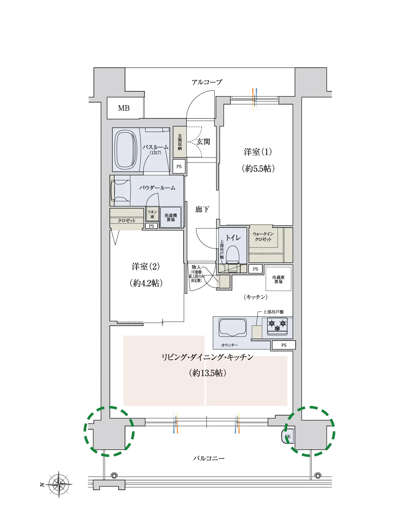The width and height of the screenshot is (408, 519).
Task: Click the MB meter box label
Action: click(x=124, y=108)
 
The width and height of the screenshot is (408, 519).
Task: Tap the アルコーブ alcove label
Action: click(x=207, y=82)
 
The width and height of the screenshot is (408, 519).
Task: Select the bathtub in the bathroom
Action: click(x=126, y=150)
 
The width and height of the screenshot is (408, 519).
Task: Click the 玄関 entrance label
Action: click(x=203, y=142)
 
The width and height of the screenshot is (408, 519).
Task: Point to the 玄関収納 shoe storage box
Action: click(x=180, y=142)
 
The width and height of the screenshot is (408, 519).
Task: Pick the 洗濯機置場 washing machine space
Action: click(x=170, y=217)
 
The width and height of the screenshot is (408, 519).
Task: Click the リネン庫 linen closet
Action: click(x=153, y=214)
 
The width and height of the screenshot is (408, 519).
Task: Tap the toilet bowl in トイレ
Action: click(x=233, y=254)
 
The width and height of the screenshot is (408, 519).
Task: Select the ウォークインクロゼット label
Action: click(x=263, y=237)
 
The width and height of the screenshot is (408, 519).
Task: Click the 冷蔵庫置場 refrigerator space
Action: click(x=278, y=279)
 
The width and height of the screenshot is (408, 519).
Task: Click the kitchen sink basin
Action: click(x=233, y=328)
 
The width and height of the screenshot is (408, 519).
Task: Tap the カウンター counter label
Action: click(x=229, y=345)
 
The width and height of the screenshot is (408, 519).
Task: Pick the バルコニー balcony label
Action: click(x=209, y=458)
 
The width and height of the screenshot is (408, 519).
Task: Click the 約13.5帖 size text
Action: click(x=207, y=373)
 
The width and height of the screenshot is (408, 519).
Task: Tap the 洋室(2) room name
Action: click(x=146, y=266)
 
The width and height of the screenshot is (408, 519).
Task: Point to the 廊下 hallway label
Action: click(x=202, y=210)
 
